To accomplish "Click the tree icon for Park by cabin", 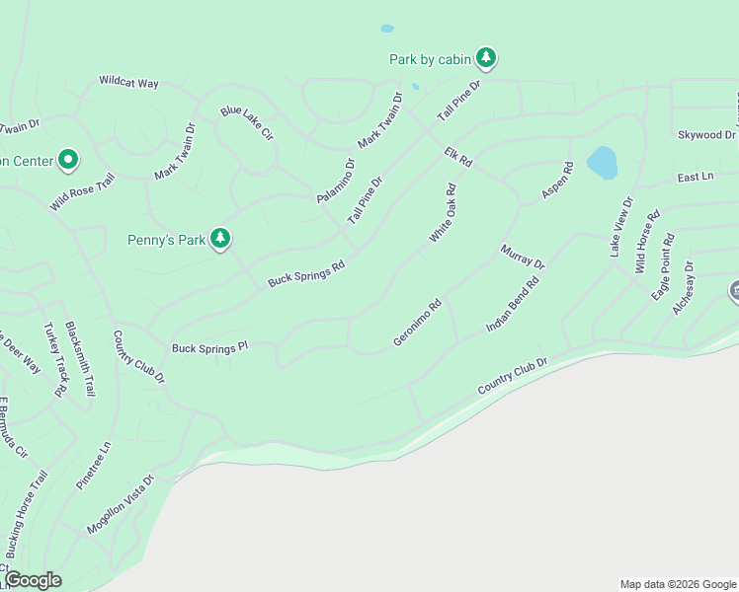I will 485,59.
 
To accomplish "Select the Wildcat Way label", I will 128,83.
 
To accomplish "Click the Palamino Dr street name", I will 335,181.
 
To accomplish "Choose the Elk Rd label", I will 458,156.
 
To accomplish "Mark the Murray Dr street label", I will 523,258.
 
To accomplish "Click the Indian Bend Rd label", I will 513,304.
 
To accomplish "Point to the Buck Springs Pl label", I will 209,348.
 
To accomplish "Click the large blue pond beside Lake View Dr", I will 602,163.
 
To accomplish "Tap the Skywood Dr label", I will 706,135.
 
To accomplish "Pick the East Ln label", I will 695,177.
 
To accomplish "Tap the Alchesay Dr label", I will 684,288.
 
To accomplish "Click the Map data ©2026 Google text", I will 678,584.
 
